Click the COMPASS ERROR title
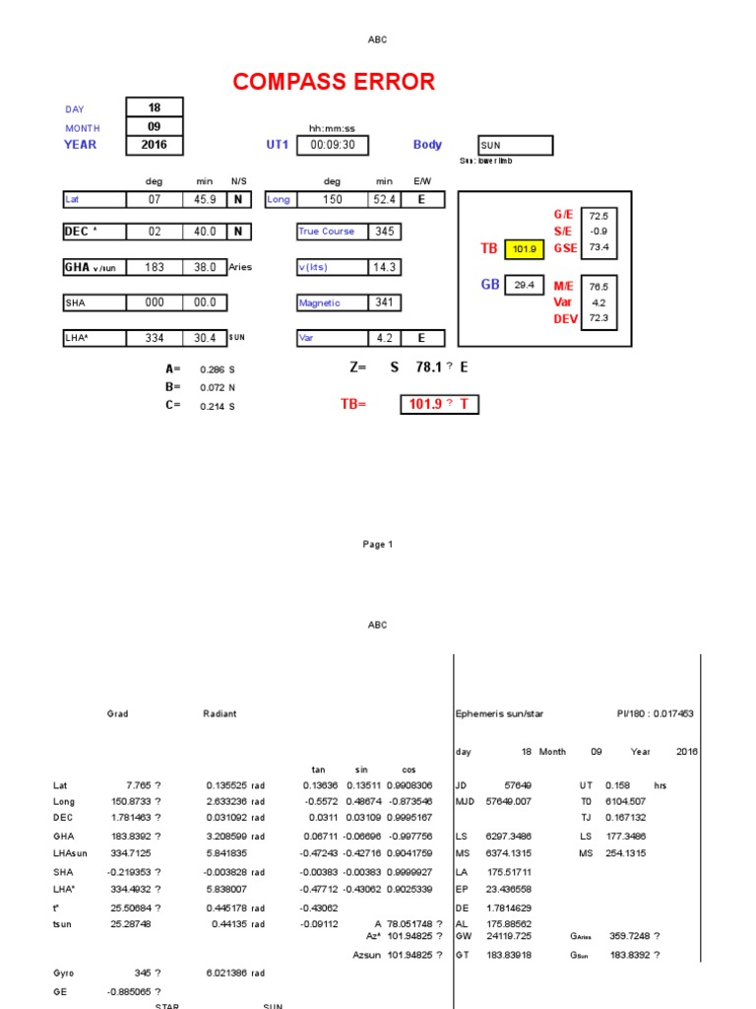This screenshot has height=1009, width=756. [x=334, y=82]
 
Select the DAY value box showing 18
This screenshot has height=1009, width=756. [x=155, y=107]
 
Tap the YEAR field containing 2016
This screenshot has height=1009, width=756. [x=155, y=145]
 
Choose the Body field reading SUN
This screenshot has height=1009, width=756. [x=515, y=146]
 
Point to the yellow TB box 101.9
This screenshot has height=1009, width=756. [x=525, y=249]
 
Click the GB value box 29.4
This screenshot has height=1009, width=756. [x=525, y=285]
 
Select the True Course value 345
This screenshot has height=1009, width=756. [x=383, y=232]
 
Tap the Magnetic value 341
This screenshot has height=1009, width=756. [x=383, y=303]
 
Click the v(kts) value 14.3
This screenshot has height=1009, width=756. [x=383, y=267]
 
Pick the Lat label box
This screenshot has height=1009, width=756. [x=94, y=199]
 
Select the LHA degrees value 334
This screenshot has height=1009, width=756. [x=155, y=338]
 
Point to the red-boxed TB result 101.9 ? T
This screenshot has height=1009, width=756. [x=439, y=404]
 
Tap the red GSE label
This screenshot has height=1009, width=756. [x=565, y=248]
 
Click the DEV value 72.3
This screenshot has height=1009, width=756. [x=598, y=318]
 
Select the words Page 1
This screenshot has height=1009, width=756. [x=378, y=544]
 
